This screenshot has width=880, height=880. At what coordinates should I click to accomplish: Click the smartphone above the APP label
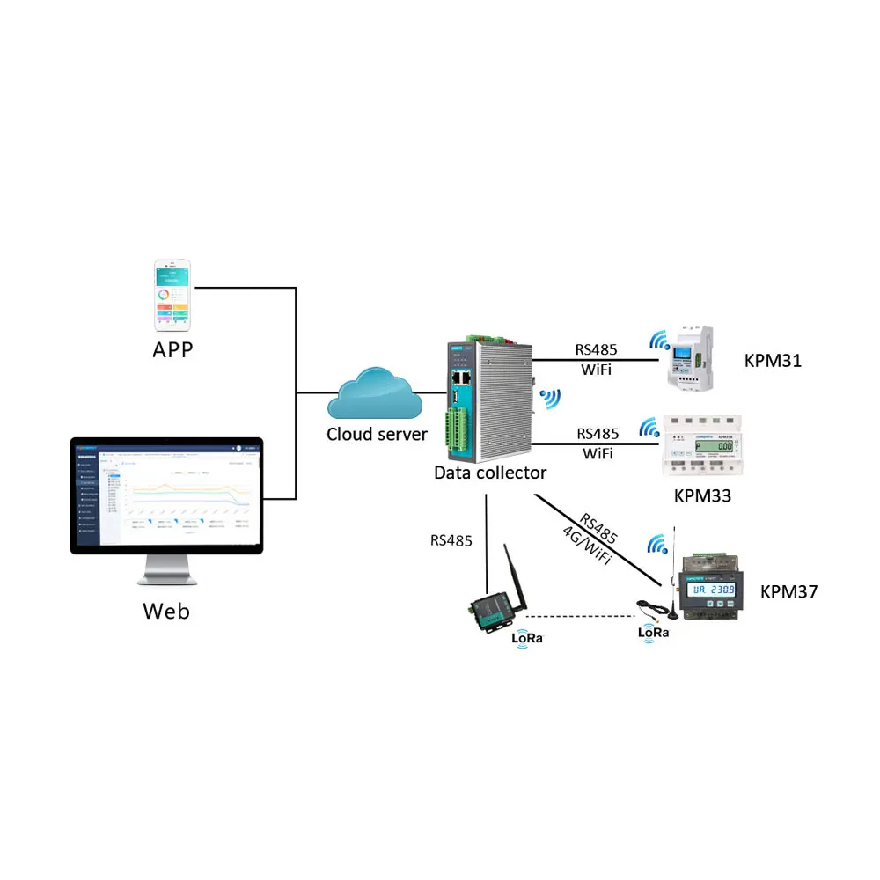coord(173,293)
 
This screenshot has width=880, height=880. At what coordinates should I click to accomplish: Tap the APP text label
coord(172,350)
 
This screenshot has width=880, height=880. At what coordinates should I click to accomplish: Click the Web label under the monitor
coord(165,610)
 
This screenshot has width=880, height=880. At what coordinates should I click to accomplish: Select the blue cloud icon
coord(372,395)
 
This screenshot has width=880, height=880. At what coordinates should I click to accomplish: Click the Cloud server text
coord(377,434)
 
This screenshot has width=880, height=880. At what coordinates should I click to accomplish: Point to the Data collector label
coord(490,473)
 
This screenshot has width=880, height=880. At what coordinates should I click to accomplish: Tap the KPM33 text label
coord(701,495)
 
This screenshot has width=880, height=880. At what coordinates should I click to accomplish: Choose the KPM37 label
coord(788,592)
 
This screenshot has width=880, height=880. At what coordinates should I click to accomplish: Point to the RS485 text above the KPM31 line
coord(598,350)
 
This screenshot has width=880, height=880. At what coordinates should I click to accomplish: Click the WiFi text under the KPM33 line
coord(598,453)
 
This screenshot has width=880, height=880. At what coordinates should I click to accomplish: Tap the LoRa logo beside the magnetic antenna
coord(653,633)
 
